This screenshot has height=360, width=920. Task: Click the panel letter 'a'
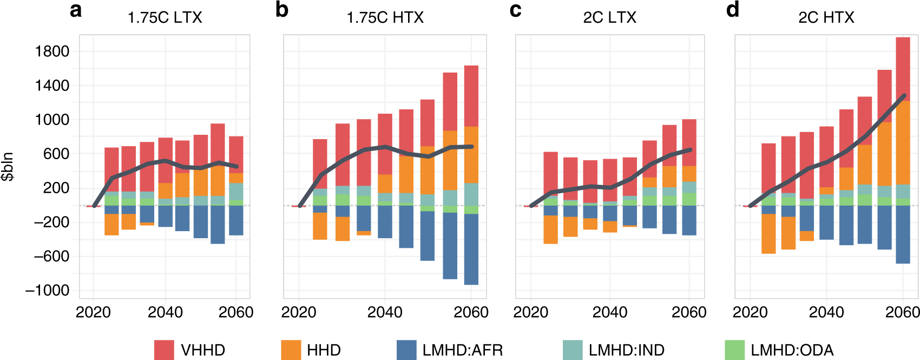[76, 10]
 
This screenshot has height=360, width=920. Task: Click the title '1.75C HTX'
[385, 18]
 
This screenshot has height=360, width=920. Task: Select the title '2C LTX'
[609, 18]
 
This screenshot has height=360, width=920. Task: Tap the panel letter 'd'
[732, 10]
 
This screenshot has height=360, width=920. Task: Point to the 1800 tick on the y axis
[52, 51]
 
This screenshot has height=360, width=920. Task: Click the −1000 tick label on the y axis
[48, 291]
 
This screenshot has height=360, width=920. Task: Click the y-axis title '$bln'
[8, 167]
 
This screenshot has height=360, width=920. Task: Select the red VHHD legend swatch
[164, 350]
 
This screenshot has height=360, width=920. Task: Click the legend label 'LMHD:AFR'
[462, 350]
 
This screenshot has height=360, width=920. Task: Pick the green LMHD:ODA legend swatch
[734, 350]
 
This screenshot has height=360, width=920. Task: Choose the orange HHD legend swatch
[291, 350]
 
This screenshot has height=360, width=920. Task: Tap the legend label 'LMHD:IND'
[626, 350]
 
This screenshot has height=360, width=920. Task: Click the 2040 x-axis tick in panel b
[385, 312]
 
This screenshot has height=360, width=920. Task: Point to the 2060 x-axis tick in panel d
[902, 312]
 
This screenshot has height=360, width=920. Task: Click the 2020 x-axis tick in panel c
[530, 312]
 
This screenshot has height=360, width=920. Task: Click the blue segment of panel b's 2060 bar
[471, 249]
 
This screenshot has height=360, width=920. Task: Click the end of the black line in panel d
[904, 96]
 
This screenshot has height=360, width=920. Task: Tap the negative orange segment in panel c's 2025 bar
[550, 230]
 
